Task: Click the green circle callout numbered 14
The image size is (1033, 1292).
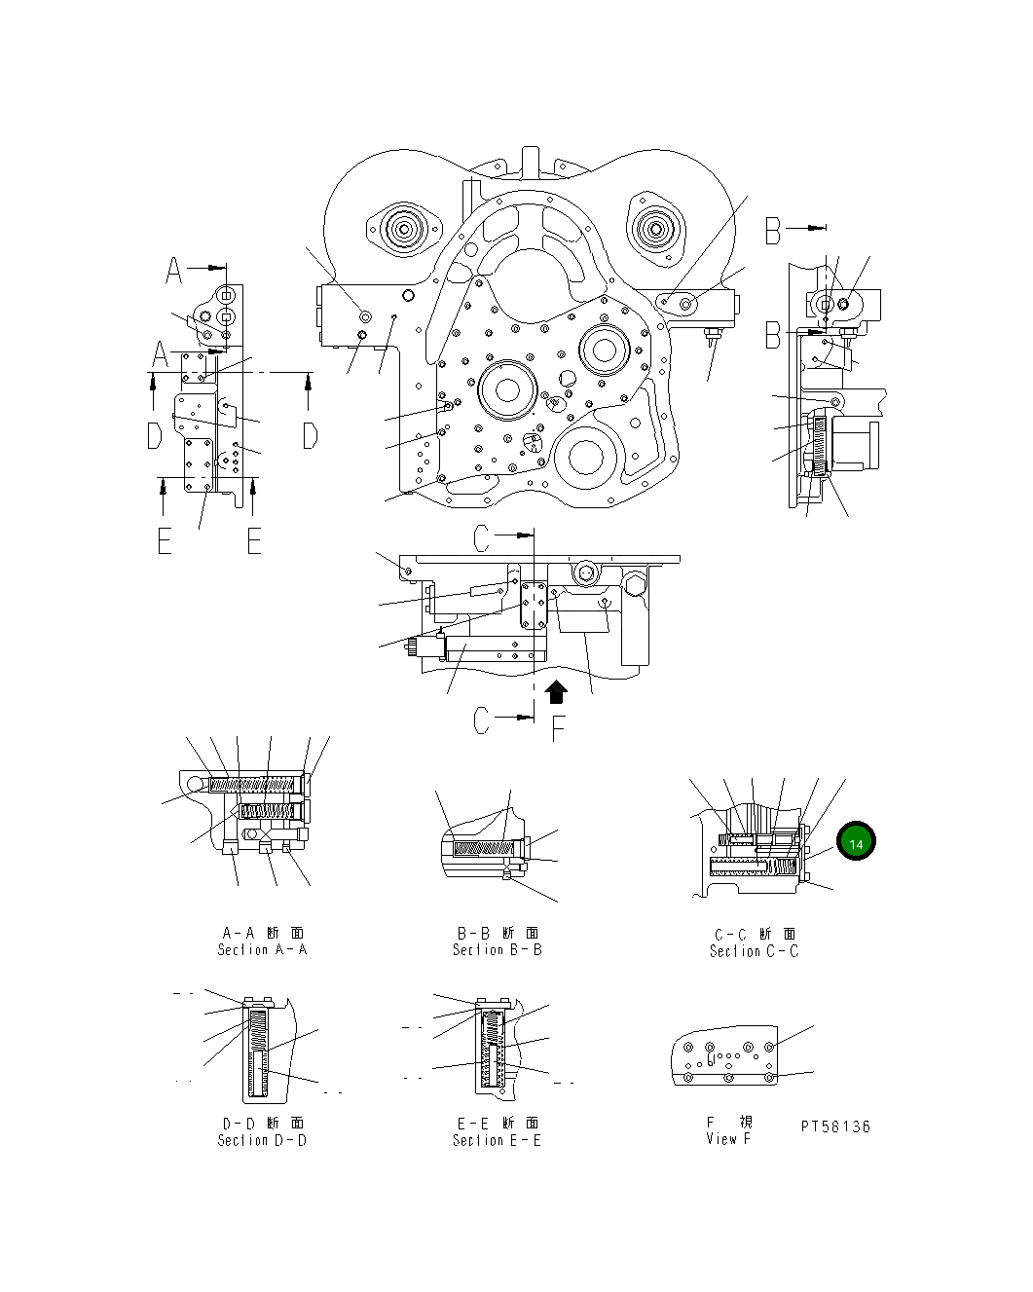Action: click(x=856, y=842)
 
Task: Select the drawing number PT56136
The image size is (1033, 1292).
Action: click(x=835, y=1126)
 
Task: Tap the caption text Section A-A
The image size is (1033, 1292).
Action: click(x=262, y=949)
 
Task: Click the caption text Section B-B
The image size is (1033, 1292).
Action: click(x=497, y=949)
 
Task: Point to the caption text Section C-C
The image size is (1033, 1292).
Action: click(x=754, y=951)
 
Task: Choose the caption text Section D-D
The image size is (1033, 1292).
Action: click(x=262, y=1140)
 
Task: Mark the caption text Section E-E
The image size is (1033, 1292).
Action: click(x=497, y=1140)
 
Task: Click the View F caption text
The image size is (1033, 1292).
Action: click(x=728, y=1138)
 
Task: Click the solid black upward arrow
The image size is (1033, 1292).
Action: click(x=556, y=691)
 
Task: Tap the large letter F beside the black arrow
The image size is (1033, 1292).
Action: click(x=558, y=727)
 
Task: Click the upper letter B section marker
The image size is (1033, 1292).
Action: click(x=773, y=230)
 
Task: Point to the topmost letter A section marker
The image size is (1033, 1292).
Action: click(x=173, y=269)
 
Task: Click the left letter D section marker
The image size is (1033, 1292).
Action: click(x=154, y=435)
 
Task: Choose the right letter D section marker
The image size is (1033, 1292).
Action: click(x=310, y=435)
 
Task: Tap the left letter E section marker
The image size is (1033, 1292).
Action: click(x=165, y=540)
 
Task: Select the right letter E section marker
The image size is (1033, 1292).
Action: click(x=254, y=540)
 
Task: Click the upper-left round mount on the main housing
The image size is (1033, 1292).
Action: click(x=401, y=231)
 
